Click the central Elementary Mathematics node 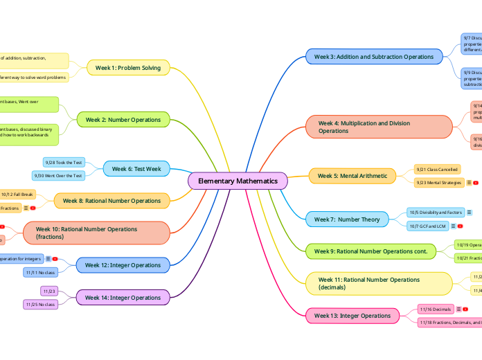click(238, 181)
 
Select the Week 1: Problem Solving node click(127, 68)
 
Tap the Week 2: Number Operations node click(123, 120)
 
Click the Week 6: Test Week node click(136, 169)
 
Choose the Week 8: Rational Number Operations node click(111, 201)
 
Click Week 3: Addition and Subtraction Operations click(373, 57)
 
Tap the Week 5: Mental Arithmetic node click(352, 176)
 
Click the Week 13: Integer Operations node click(352, 316)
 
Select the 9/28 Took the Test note click(64, 162)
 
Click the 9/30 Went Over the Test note click(59, 176)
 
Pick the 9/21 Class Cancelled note click(436, 169)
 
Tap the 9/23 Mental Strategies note click(438, 183)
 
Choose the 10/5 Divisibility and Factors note click(435, 213)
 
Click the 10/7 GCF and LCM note click(427, 226)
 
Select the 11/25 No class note click(41, 304)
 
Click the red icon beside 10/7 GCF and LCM click(460, 226)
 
